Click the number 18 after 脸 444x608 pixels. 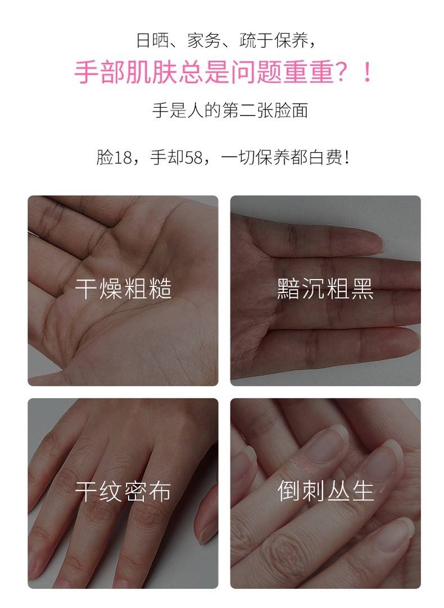(x=123, y=158)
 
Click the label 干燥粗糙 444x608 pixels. (x=123, y=290)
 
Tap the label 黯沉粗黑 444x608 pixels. (x=325, y=290)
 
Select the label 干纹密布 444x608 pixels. (x=123, y=492)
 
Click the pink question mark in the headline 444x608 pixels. (x=343, y=74)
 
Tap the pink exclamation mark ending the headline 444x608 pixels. (x=368, y=74)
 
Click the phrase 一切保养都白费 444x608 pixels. (x=281, y=158)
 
